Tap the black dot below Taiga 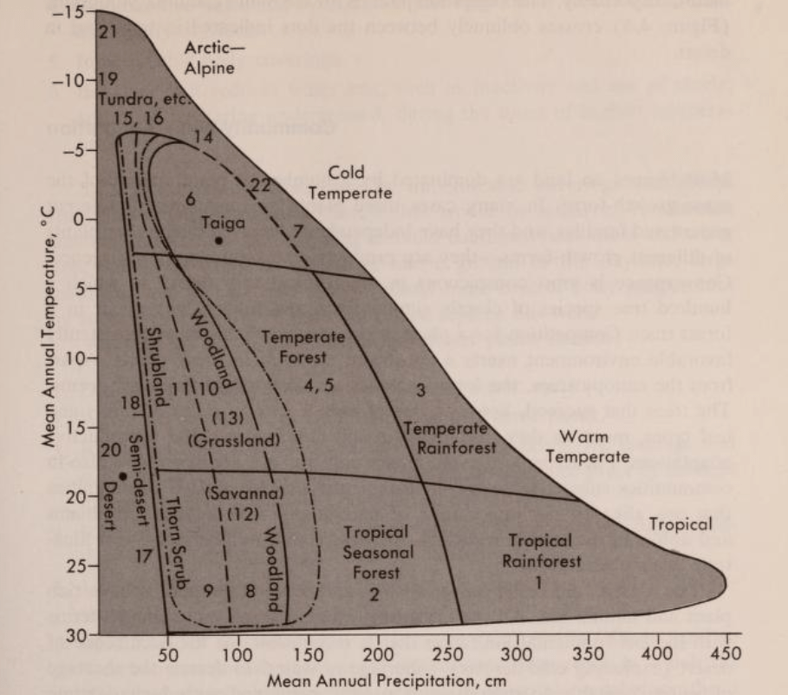[218, 240]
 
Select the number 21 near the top [107, 33]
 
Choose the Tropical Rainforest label [542, 552]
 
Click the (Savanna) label [245, 494]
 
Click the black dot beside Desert [124, 475]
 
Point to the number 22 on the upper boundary [260, 184]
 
